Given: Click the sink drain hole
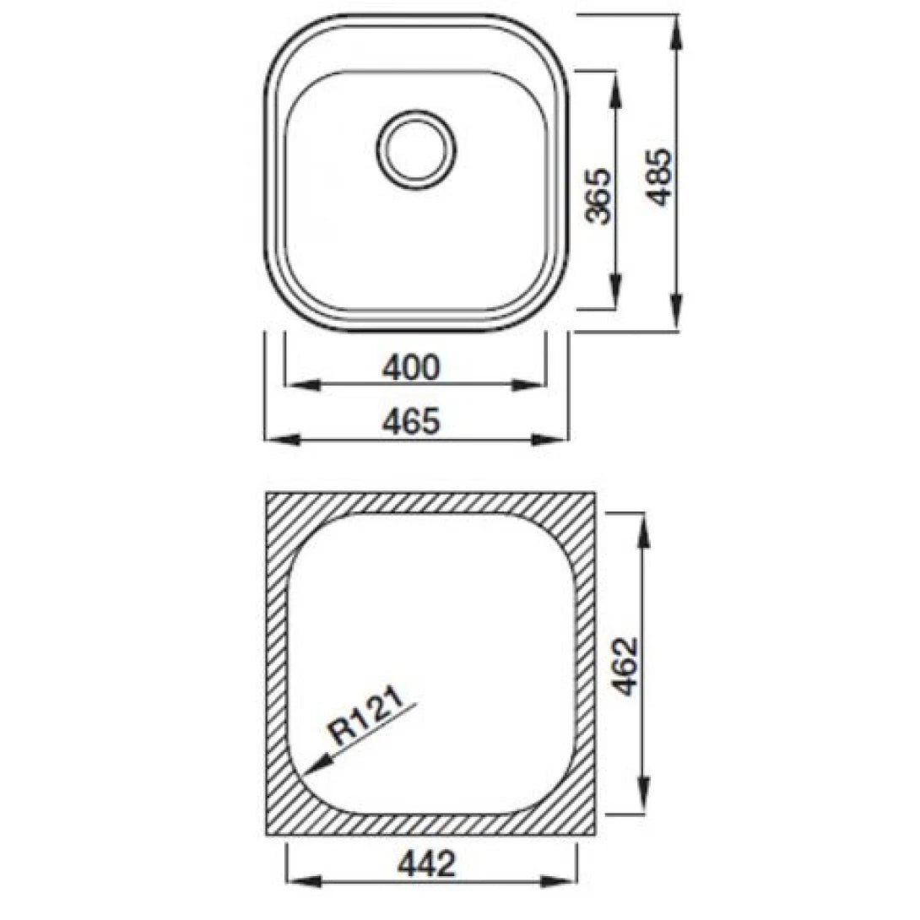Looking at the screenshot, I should coord(416,149).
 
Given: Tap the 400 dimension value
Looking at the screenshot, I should coord(411,367).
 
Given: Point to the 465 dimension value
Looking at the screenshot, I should coord(411,421).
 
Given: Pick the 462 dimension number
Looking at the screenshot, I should coord(625,666).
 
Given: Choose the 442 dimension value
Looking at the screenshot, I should coord(429,863).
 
